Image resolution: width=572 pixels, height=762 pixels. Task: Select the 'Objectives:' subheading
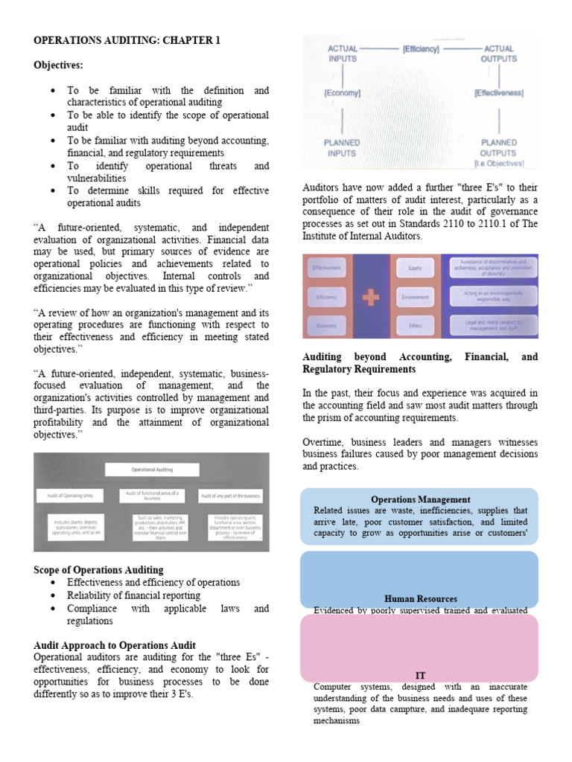(x=58, y=65)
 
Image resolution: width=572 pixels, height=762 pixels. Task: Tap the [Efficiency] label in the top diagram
(x=420, y=49)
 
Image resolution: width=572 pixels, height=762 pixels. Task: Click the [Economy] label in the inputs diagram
(x=342, y=94)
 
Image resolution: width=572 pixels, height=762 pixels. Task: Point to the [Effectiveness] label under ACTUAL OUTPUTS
(x=498, y=94)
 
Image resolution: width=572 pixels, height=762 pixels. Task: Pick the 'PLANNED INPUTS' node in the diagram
(x=342, y=148)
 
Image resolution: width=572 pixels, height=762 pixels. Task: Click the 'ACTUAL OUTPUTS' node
(x=498, y=54)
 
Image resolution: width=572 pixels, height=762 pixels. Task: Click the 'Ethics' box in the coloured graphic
(x=416, y=325)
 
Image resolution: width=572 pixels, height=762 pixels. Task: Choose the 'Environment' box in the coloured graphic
(x=416, y=296)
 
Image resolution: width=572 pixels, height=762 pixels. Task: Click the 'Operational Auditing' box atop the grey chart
(x=152, y=470)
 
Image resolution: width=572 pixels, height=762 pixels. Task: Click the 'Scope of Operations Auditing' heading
(x=98, y=570)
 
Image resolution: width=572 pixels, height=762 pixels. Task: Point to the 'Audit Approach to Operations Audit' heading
(x=115, y=645)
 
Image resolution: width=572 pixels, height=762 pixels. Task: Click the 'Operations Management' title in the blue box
(x=420, y=499)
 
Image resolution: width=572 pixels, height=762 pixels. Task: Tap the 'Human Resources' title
(x=420, y=598)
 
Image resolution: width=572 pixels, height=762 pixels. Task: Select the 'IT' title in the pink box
(x=420, y=675)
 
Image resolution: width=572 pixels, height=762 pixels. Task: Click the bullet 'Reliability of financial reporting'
(x=133, y=595)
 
